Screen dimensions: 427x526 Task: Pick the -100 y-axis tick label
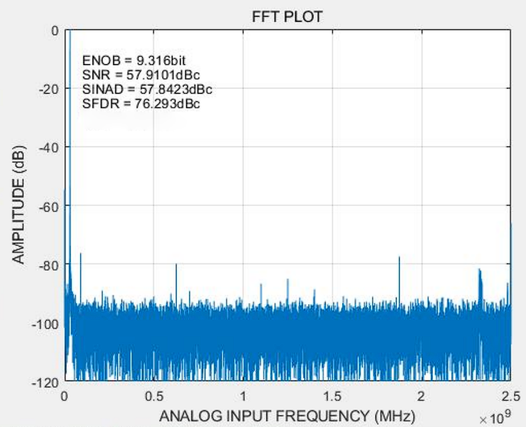pyautogui.click(x=47, y=324)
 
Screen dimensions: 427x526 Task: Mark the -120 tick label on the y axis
pyautogui.click(x=47, y=382)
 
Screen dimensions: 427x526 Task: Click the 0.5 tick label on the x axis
pyautogui.click(x=154, y=395)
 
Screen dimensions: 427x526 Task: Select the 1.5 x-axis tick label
pyautogui.click(x=332, y=395)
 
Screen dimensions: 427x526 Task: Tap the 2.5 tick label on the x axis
pyautogui.click(x=510, y=395)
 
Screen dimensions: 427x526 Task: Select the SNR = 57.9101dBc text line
pyautogui.click(x=137, y=75)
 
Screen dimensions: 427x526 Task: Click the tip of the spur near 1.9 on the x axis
pyautogui.click(x=399, y=257)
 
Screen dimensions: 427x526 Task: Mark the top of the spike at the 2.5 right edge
pyautogui.click(x=511, y=223)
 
